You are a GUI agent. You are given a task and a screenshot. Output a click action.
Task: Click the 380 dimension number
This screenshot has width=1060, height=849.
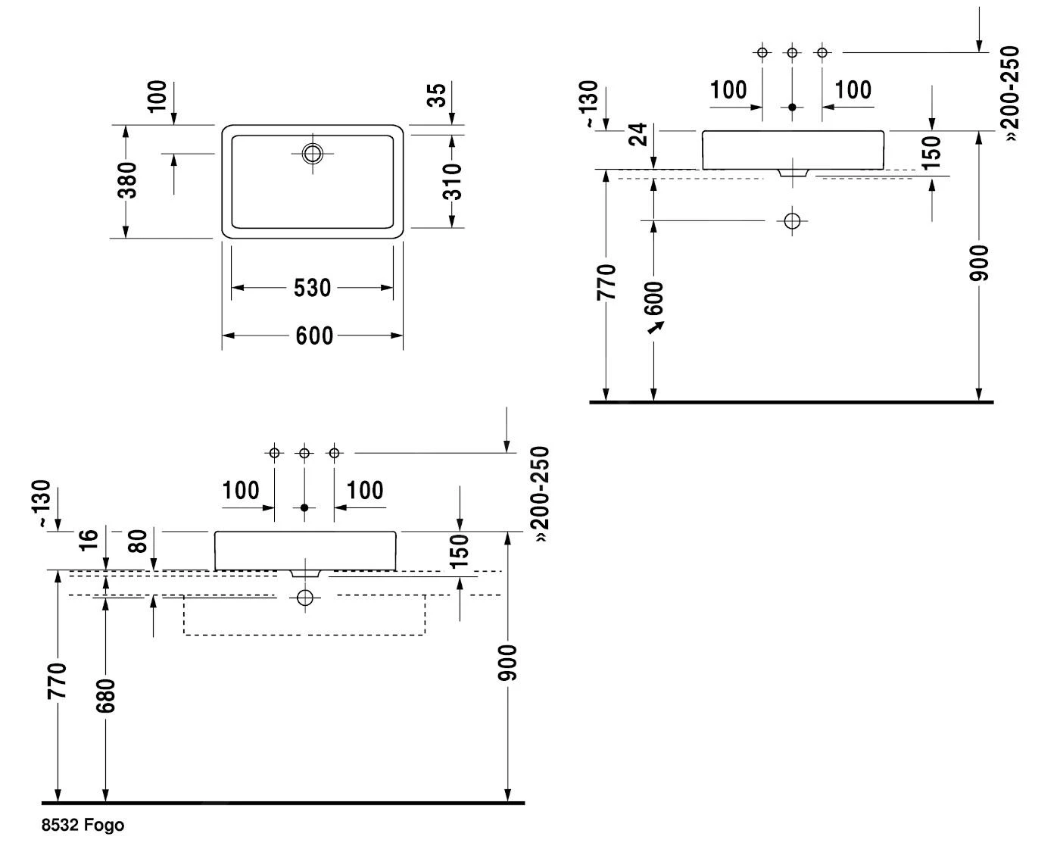coord(129,180)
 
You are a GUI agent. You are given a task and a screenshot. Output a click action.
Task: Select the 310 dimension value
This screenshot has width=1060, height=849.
coord(452,181)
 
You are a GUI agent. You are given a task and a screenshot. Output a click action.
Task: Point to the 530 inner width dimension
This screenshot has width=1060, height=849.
coord(313,288)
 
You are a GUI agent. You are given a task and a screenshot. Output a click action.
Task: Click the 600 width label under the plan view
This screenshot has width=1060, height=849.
coord(313,336)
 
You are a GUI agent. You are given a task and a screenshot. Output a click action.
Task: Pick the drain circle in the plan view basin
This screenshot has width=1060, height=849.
coord(312,153)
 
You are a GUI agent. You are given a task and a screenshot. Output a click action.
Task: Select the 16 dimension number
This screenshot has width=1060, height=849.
coord(89,540)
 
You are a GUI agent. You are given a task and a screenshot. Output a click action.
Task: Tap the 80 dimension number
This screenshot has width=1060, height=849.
coord(137,540)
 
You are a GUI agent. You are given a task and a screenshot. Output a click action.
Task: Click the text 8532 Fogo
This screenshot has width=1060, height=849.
coord(83,826)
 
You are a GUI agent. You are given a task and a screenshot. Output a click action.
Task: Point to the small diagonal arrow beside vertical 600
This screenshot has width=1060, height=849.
coord(656,326)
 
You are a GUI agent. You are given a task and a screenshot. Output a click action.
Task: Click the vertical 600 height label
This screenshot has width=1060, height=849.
coord(655,298)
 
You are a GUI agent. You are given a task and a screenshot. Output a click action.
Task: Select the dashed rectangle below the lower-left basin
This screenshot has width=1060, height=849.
coord(304,615)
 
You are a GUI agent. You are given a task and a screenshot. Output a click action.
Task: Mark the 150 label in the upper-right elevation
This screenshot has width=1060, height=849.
coord(932,151)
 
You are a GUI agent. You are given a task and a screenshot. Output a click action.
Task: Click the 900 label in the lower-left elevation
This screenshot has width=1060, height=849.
coord(508,663)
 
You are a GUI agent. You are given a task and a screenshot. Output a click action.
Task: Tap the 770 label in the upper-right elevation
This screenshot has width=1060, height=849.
coord(606,282)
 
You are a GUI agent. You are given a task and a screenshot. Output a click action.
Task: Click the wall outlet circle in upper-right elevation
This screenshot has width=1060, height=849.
coord(792,221)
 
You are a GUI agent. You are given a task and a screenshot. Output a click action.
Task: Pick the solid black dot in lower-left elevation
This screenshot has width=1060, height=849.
coord(304,507)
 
